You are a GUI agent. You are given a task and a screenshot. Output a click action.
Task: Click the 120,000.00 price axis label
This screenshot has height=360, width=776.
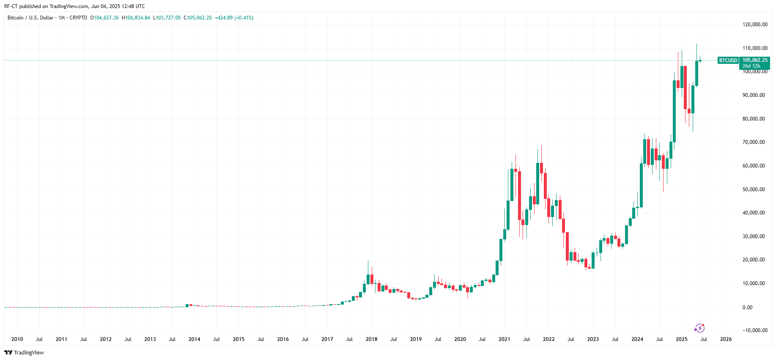tap(755, 25)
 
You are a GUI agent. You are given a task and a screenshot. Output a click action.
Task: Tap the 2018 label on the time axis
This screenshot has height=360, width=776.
tap(371, 339)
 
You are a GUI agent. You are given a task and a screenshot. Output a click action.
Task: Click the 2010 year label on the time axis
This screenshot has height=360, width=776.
tap(17, 339)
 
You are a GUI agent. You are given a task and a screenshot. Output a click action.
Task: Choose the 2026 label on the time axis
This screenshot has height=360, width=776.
tap(726, 339)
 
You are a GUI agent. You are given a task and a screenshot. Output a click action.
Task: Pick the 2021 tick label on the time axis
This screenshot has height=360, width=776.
tap(504, 339)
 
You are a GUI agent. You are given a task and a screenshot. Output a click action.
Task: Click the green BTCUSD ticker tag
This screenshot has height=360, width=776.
tap(728, 60)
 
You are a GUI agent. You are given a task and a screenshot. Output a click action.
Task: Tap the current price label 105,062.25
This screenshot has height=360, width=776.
tap(755, 60)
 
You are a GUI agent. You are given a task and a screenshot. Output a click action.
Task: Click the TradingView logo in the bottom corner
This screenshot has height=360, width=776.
tap(24, 353)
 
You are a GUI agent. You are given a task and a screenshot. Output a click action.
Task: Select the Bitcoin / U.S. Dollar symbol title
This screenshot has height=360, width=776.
tap(30, 18)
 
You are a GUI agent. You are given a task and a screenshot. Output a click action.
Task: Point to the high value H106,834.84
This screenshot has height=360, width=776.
tap(136, 18)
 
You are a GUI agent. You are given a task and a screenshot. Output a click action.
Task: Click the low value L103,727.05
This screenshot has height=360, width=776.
tap(167, 18)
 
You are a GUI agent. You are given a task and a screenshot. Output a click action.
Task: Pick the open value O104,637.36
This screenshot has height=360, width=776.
tap(104, 18)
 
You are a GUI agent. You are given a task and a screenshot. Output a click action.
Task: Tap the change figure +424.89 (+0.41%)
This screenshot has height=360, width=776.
tap(234, 18)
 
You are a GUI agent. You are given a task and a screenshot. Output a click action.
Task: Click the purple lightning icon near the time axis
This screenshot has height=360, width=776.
tap(699, 328)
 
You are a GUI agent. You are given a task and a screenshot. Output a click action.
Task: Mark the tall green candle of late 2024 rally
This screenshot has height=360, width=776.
tap(675, 111)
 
